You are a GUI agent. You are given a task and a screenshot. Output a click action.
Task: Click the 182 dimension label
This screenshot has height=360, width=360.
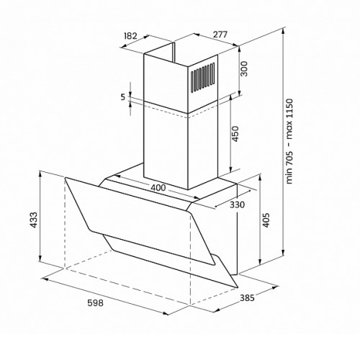coord(130,36)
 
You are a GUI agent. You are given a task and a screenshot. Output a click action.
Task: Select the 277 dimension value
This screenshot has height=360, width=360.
coord(220,35)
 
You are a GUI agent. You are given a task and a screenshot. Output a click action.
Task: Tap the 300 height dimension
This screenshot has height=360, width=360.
coord(244,68)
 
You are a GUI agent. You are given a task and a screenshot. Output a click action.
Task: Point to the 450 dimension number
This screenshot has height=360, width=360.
coord(235,134)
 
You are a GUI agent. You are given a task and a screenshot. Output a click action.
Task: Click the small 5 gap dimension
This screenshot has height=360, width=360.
coord(123,97)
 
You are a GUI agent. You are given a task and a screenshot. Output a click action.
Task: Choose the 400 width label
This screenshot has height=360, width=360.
coord(158,188)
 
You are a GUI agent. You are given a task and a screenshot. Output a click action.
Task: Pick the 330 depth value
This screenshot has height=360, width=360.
coord(237,204)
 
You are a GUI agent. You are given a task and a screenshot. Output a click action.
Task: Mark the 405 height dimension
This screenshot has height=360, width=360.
coord(266,220)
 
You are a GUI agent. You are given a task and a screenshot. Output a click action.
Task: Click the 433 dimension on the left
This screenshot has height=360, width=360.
coord(33,220)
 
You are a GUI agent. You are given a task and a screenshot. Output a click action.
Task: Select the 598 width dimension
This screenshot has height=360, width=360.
coord(95,303)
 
